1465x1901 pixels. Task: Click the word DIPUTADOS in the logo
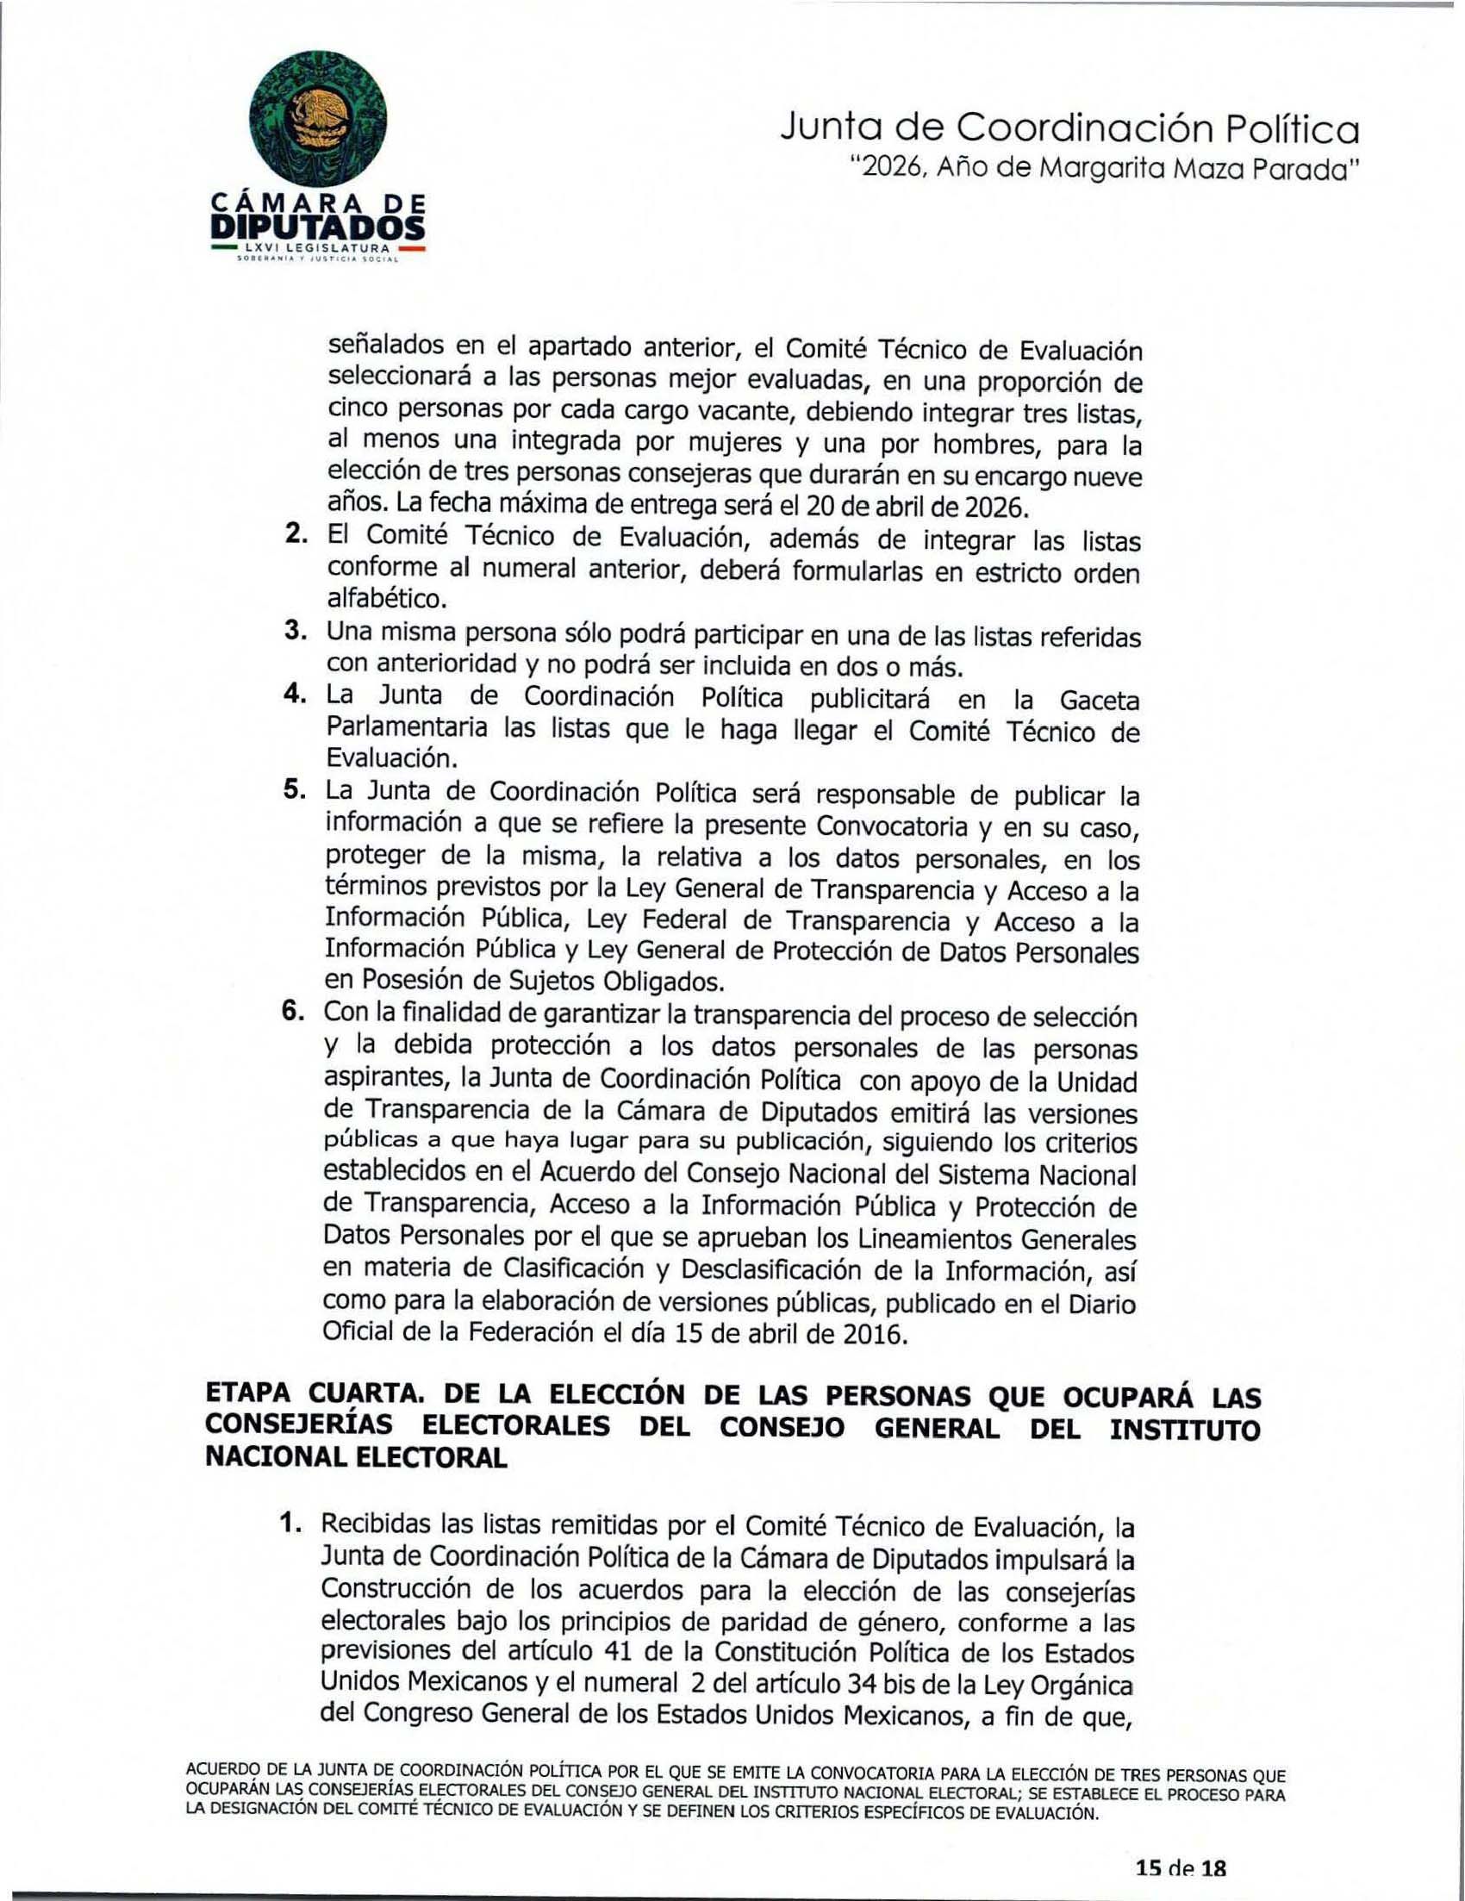(x=319, y=228)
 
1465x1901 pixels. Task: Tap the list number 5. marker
(x=296, y=791)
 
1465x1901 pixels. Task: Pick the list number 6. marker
(x=296, y=1013)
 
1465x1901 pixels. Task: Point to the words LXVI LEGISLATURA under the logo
(x=317, y=251)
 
